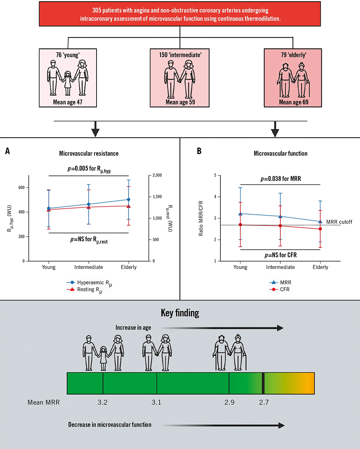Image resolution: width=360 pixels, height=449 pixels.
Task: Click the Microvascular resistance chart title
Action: (x=89, y=153)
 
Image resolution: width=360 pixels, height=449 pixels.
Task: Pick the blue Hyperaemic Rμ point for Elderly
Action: (x=128, y=200)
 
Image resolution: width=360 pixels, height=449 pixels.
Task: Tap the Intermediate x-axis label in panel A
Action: (x=89, y=267)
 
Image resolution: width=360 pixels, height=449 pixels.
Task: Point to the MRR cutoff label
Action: (x=339, y=222)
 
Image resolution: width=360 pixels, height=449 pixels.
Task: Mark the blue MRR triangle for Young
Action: (x=241, y=214)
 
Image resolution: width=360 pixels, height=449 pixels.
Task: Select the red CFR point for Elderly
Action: (x=320, y=229)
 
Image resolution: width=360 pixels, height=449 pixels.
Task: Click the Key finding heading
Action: (x=180, y=314)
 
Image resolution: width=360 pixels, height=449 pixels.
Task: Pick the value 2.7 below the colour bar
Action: (x=264, y=403)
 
